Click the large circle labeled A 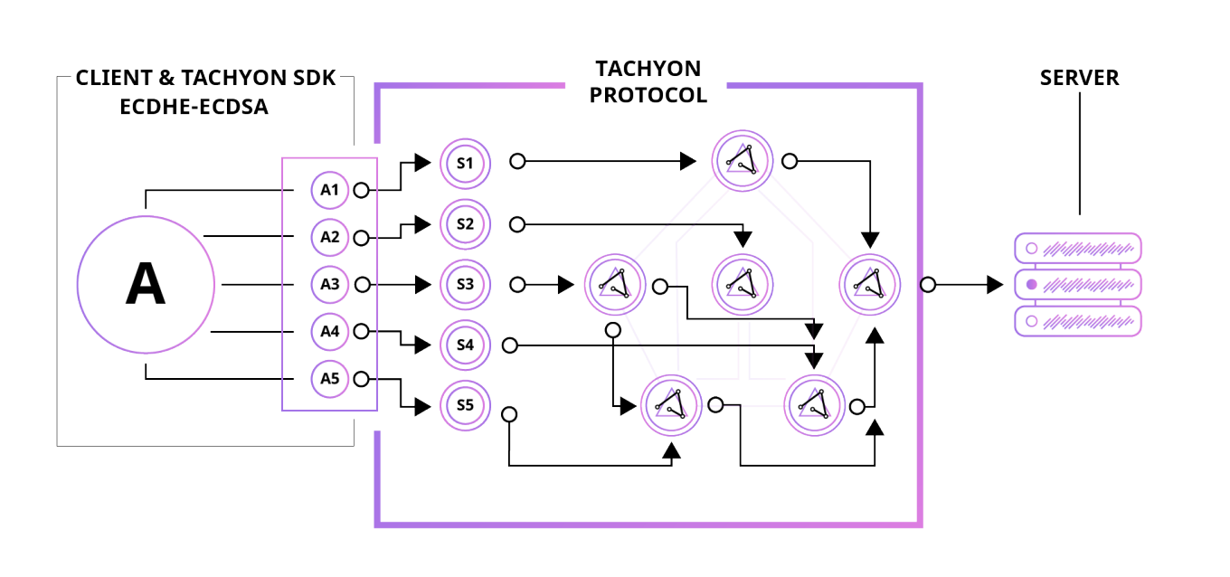pyautogui.click(x=146, y=284)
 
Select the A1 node pyautogui.click(x=329, y=190)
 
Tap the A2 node pyautogui.click(x=329, y=237)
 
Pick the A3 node pyautogui.click(x=329, y=284)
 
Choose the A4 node pyautogui.click(x=329, y=331)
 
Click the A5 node pyautogui.click(x=329, y=378)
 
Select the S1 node pyautogui.click(x=465, y=163)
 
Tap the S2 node pyautogui.click(x=465, y=223)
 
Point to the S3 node pyautogui.click(x=465, y=284)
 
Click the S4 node pyautogui.click(x=465, y=345)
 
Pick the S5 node pyautogui.click(x=465, y=405)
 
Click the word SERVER pyautogui.click(x=1079, y=78)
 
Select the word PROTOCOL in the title pyautogui.click(x=648, y=95)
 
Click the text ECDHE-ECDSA pyautogui.click(x=194, y=107)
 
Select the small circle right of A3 pyautogui.click(x=363, y=285)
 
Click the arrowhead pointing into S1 pyautogui.click(x=422, y=163)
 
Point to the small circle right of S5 pyautogui.click(x=509, y=414)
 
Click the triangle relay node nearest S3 pyautogui.click(x=615, y=283)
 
